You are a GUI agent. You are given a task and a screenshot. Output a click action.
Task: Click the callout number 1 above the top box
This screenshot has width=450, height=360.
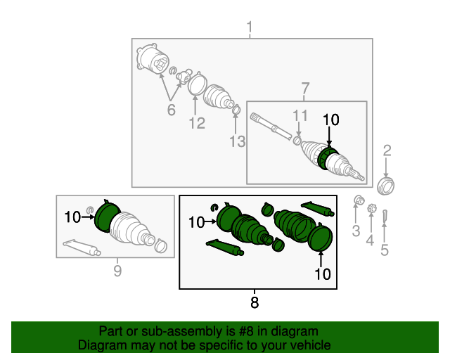coord(250,27)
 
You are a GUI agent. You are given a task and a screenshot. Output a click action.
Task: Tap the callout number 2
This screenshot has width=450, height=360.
coord(387,150)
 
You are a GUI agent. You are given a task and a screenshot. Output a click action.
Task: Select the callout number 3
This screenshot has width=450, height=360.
coord(356,231)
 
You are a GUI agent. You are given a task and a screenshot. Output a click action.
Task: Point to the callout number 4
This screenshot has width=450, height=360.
coord(371,240)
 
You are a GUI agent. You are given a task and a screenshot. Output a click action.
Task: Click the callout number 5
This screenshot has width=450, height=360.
coord(385,250)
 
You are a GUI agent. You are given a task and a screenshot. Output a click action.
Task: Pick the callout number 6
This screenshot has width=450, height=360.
coord(172,110)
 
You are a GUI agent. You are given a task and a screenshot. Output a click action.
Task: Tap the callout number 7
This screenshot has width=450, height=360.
coord(305,89)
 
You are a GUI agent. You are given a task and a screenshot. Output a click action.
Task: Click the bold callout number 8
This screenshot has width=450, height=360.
coord(255,302)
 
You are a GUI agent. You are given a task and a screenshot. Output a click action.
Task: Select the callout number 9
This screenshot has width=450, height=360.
coord(117,271)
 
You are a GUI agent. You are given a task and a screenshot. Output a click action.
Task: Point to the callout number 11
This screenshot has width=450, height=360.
coord(300,116)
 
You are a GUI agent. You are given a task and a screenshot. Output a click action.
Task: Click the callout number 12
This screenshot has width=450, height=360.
coord(197,123)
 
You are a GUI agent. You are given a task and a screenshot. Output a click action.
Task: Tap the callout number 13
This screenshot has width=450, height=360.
coord(238,141)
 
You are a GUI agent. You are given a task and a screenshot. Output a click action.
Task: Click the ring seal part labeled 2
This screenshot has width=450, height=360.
coord(385,186)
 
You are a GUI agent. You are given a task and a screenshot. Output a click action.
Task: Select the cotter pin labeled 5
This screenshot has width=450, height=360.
coord(385,216)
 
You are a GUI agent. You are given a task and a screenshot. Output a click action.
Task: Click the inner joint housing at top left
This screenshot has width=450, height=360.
coord(153,59)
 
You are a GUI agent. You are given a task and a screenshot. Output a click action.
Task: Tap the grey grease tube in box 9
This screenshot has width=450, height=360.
coord(82,247)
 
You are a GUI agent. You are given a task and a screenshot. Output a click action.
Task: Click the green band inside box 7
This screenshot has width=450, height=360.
coord(327,157)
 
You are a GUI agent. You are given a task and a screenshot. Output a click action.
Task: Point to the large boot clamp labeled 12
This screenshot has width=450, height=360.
coord(197,84)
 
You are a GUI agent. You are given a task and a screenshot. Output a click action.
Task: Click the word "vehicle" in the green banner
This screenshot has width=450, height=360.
coord(311,345)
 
